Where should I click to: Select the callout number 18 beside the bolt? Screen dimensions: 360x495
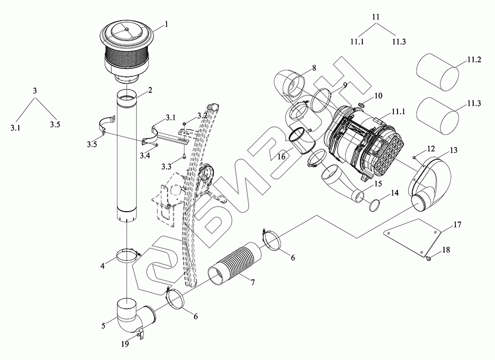pyautogui.click(x=446, y=251)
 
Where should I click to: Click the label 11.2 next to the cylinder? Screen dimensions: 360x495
pyautogui.click(x=474, y=60)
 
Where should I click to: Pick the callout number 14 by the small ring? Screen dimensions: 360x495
pyautogui.click(x=394, y=193)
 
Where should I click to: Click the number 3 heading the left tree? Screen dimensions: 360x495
pyautogui.click(x=35, y=91)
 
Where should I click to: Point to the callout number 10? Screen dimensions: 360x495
pyautogui.click(x=378, y=95)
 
